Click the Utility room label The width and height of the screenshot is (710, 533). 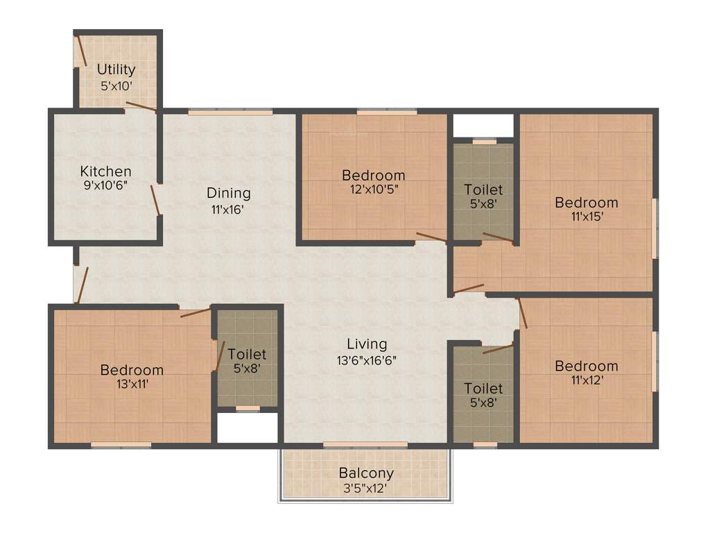(x=116, y=70)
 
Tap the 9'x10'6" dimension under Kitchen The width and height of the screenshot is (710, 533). (x=105, y=185)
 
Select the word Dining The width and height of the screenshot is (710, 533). (x=229, y=194)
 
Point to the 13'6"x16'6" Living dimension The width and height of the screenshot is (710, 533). (x=367, y=359)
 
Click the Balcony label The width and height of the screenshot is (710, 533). (x=366, y=473)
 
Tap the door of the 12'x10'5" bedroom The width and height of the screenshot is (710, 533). (x=431, y=237)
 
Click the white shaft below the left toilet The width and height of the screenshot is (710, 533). (x=248, y=428)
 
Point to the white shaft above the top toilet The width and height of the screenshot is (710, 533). (x=483, y=126)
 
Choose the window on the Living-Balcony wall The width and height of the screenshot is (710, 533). (x=365, y=444)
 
